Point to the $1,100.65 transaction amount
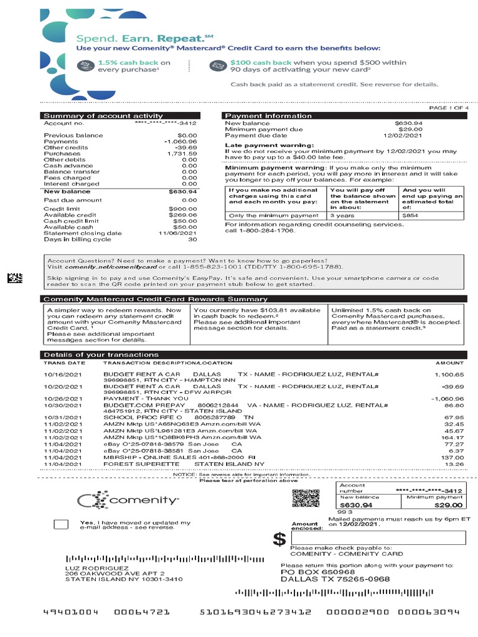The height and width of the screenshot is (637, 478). [x=450, y=375]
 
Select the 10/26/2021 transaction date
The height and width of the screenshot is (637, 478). [x=63, y=399]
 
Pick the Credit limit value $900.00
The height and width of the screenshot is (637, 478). [x=184, y=208]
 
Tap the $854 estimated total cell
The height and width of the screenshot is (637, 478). [x=411, y=215]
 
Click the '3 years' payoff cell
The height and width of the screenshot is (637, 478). [x=342, y=215]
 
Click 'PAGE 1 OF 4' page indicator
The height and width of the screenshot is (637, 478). [x=449, y=108]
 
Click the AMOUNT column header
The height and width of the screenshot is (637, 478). [x=449, y=363]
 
